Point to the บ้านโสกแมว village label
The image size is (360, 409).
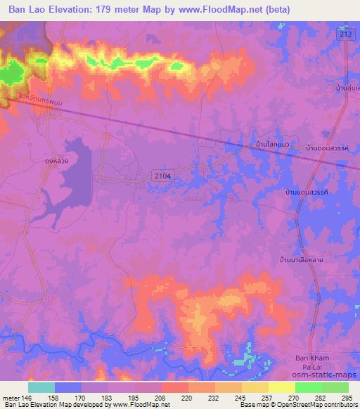pyautogui.click(x=273, y=145)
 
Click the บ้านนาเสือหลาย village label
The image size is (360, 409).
pyautogui.click(x=302, y=259)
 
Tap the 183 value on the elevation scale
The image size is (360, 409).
pyautogui.click(x=108, y=398)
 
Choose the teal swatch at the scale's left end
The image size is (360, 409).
pyautogui.click(x=41, y=387)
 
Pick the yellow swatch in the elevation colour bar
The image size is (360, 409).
pyautogui.click(x=281, y=387)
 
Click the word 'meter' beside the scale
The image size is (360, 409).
pyautogui.click(x=10, y=398)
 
